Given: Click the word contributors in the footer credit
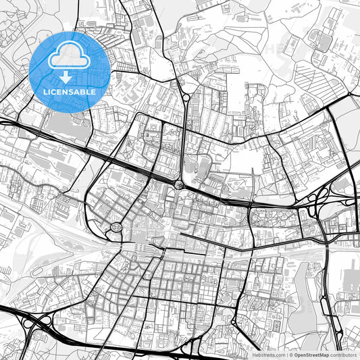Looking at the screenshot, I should [343, 354].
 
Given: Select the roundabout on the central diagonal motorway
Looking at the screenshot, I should [179, 184].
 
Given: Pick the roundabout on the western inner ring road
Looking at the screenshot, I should [115, 228].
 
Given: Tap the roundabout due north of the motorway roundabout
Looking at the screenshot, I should [184, 97].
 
